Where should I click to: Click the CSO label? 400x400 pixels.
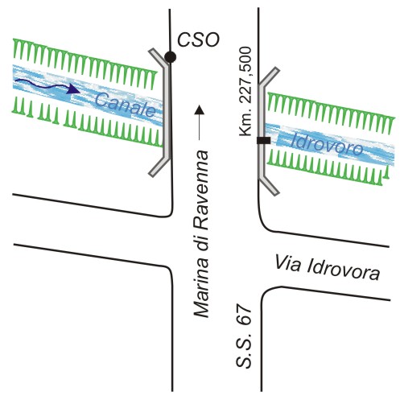click(x=198, y=39)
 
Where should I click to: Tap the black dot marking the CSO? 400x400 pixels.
click(x=171, y=57)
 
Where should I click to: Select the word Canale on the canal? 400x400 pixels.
click(x=126, y=105)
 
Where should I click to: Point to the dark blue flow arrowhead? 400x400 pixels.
click(x=73, y=89)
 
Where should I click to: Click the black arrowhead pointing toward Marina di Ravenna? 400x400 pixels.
click(x=199, y=109)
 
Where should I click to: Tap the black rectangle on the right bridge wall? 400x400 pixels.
click(x=263, y=140)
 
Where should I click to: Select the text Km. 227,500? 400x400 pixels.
click(x=246, y=92)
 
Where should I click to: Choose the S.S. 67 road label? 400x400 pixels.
click(x=244, y=336)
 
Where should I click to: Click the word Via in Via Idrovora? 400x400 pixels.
click(x=287, y=263)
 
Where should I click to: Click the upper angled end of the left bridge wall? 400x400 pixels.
click(x=158, y=56)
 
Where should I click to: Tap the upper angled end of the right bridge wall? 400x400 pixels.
click(x=270, y=76)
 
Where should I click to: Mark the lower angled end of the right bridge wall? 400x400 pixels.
click(x=270, y=186)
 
